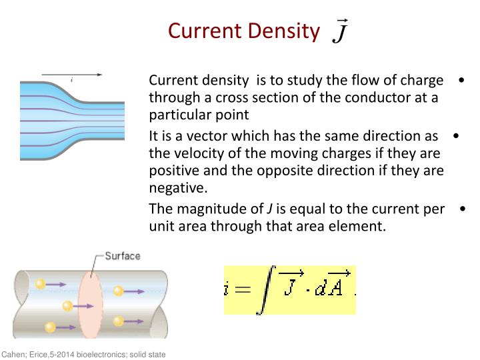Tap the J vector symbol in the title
coord(339,31)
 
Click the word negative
coord(175,188)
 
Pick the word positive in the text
coord(175,171)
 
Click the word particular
coord(179,115)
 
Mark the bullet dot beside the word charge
coord(461,81)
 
